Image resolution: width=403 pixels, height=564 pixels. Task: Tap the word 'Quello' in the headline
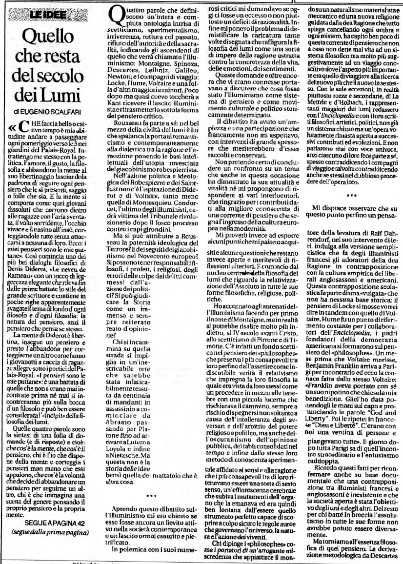(53, 37)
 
